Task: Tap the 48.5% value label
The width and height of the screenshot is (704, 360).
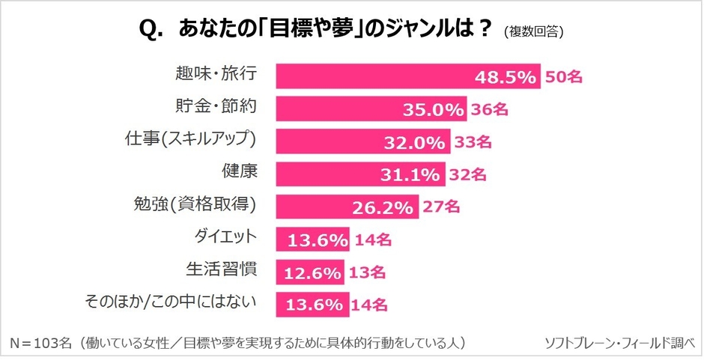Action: (506, 76)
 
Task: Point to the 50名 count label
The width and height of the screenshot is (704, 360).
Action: (563, 76)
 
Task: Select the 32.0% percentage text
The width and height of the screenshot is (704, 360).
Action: (416, 142)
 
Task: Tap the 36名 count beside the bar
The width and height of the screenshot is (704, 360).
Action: (490, 109)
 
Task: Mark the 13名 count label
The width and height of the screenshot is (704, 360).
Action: (367, 272)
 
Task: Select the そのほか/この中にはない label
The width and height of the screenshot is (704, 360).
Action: (172, 302)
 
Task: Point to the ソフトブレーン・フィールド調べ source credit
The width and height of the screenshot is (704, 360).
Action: (619, 343)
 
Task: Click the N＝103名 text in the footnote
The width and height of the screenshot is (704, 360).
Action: (41, 343)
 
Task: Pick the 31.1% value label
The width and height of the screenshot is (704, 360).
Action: (413, 174)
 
